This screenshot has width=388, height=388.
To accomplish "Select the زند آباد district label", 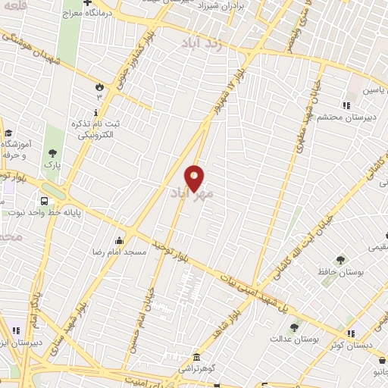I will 202,43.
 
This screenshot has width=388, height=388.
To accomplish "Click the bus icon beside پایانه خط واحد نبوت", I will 45,202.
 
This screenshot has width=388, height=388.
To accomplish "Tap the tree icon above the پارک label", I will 52,152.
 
